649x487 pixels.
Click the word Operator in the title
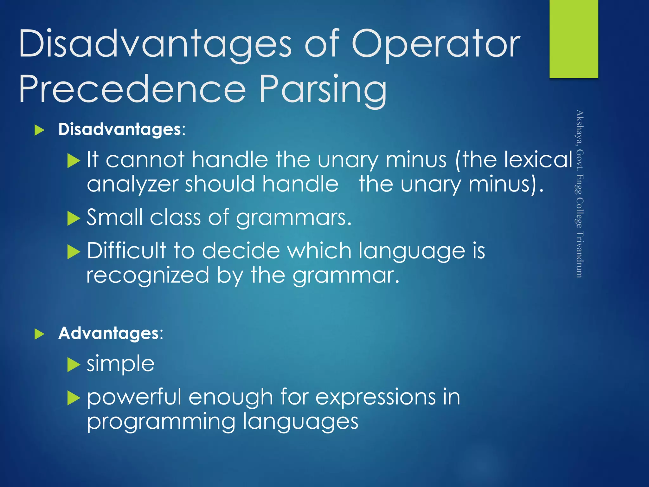[x=436, y=44]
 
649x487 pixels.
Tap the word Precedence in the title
[x=132, y=90]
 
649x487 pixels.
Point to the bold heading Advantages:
[x=111, y=333]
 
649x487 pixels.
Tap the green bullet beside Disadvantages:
[x=39, y=130]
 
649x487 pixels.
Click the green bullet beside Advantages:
[x=39, y=334]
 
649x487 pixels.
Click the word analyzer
[x=132, y=185]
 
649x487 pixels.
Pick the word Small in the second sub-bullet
[x=114, y=218]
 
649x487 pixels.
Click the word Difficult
[x=126, y=250]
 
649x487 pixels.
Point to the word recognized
[x=148, y=275]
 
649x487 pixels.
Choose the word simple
[x=121, y=364]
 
